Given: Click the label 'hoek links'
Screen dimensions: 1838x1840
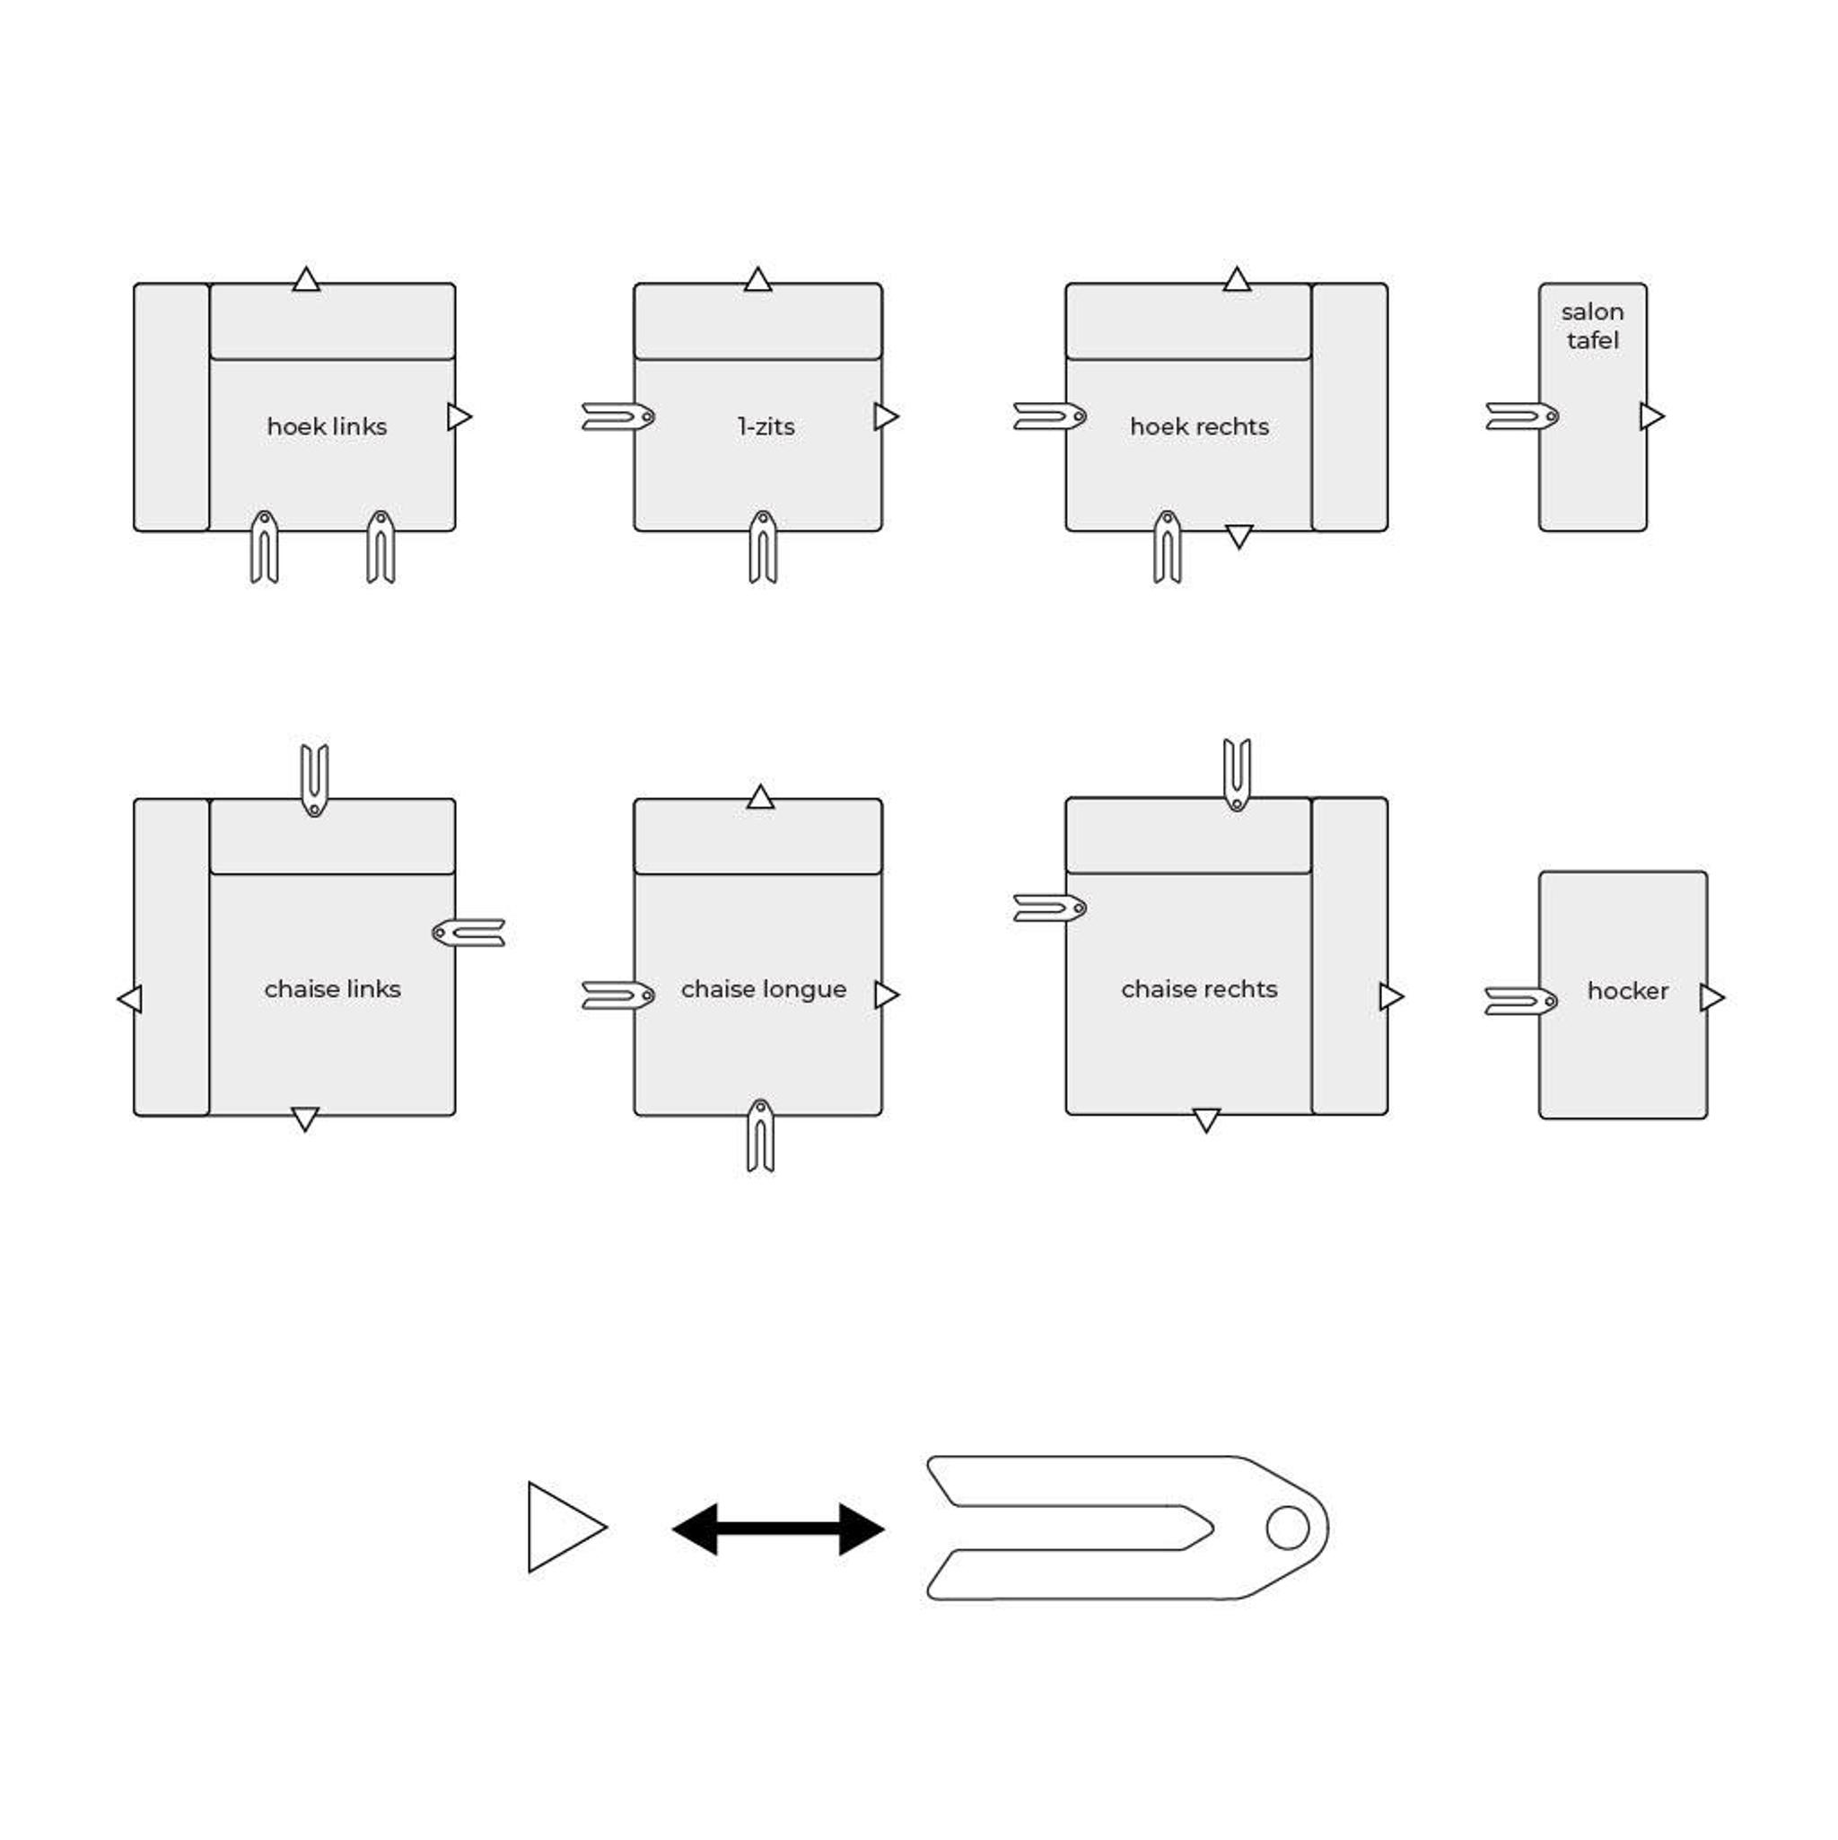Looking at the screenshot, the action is pyautogui.click(x=327, y=426).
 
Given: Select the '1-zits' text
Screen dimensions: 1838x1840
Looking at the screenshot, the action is pyautogui.click(x=766, y=426).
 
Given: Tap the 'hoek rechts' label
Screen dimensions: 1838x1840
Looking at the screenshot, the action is pyautogui.click(x=1199, y=426).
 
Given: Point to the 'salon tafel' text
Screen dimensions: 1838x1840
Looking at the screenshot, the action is pyautogui.click(x=1592, y=326).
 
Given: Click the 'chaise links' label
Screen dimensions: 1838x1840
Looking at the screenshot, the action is pyautogui.click(x=332, y=989).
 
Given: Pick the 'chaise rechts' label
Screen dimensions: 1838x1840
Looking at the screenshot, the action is pyautogui.click(x=1199, y=989).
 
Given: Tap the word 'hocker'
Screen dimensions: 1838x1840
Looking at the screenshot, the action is pyautogui.click(x=1627, y=992).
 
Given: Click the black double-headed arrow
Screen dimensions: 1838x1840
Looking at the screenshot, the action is pyautogui.click(x=778, y=1530).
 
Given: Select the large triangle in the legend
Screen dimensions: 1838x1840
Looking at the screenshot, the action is pyautogui.click(x=565, y=1528).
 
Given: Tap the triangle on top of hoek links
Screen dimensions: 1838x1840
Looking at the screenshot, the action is pyautogui.click(x=306, y=280).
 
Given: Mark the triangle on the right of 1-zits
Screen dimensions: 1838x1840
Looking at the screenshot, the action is pyautogui.click(x=886, y=416).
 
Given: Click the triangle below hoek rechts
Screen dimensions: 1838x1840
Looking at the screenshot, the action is pyautogui.click(x=1238, y=536).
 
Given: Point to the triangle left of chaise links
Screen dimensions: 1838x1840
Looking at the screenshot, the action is pyautogui.click(x=129, y=999).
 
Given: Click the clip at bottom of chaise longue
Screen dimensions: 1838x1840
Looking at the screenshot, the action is pyautogui.click(x=760, y=1136).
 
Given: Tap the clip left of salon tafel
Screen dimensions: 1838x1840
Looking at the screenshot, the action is pyautogui.click(x=1522, y=416).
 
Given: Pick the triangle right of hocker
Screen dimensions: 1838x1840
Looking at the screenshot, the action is pyautogui.click(x=1711, y=998).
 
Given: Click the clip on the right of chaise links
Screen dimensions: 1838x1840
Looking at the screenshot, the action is pyautogui.click(x=468, y=933).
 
